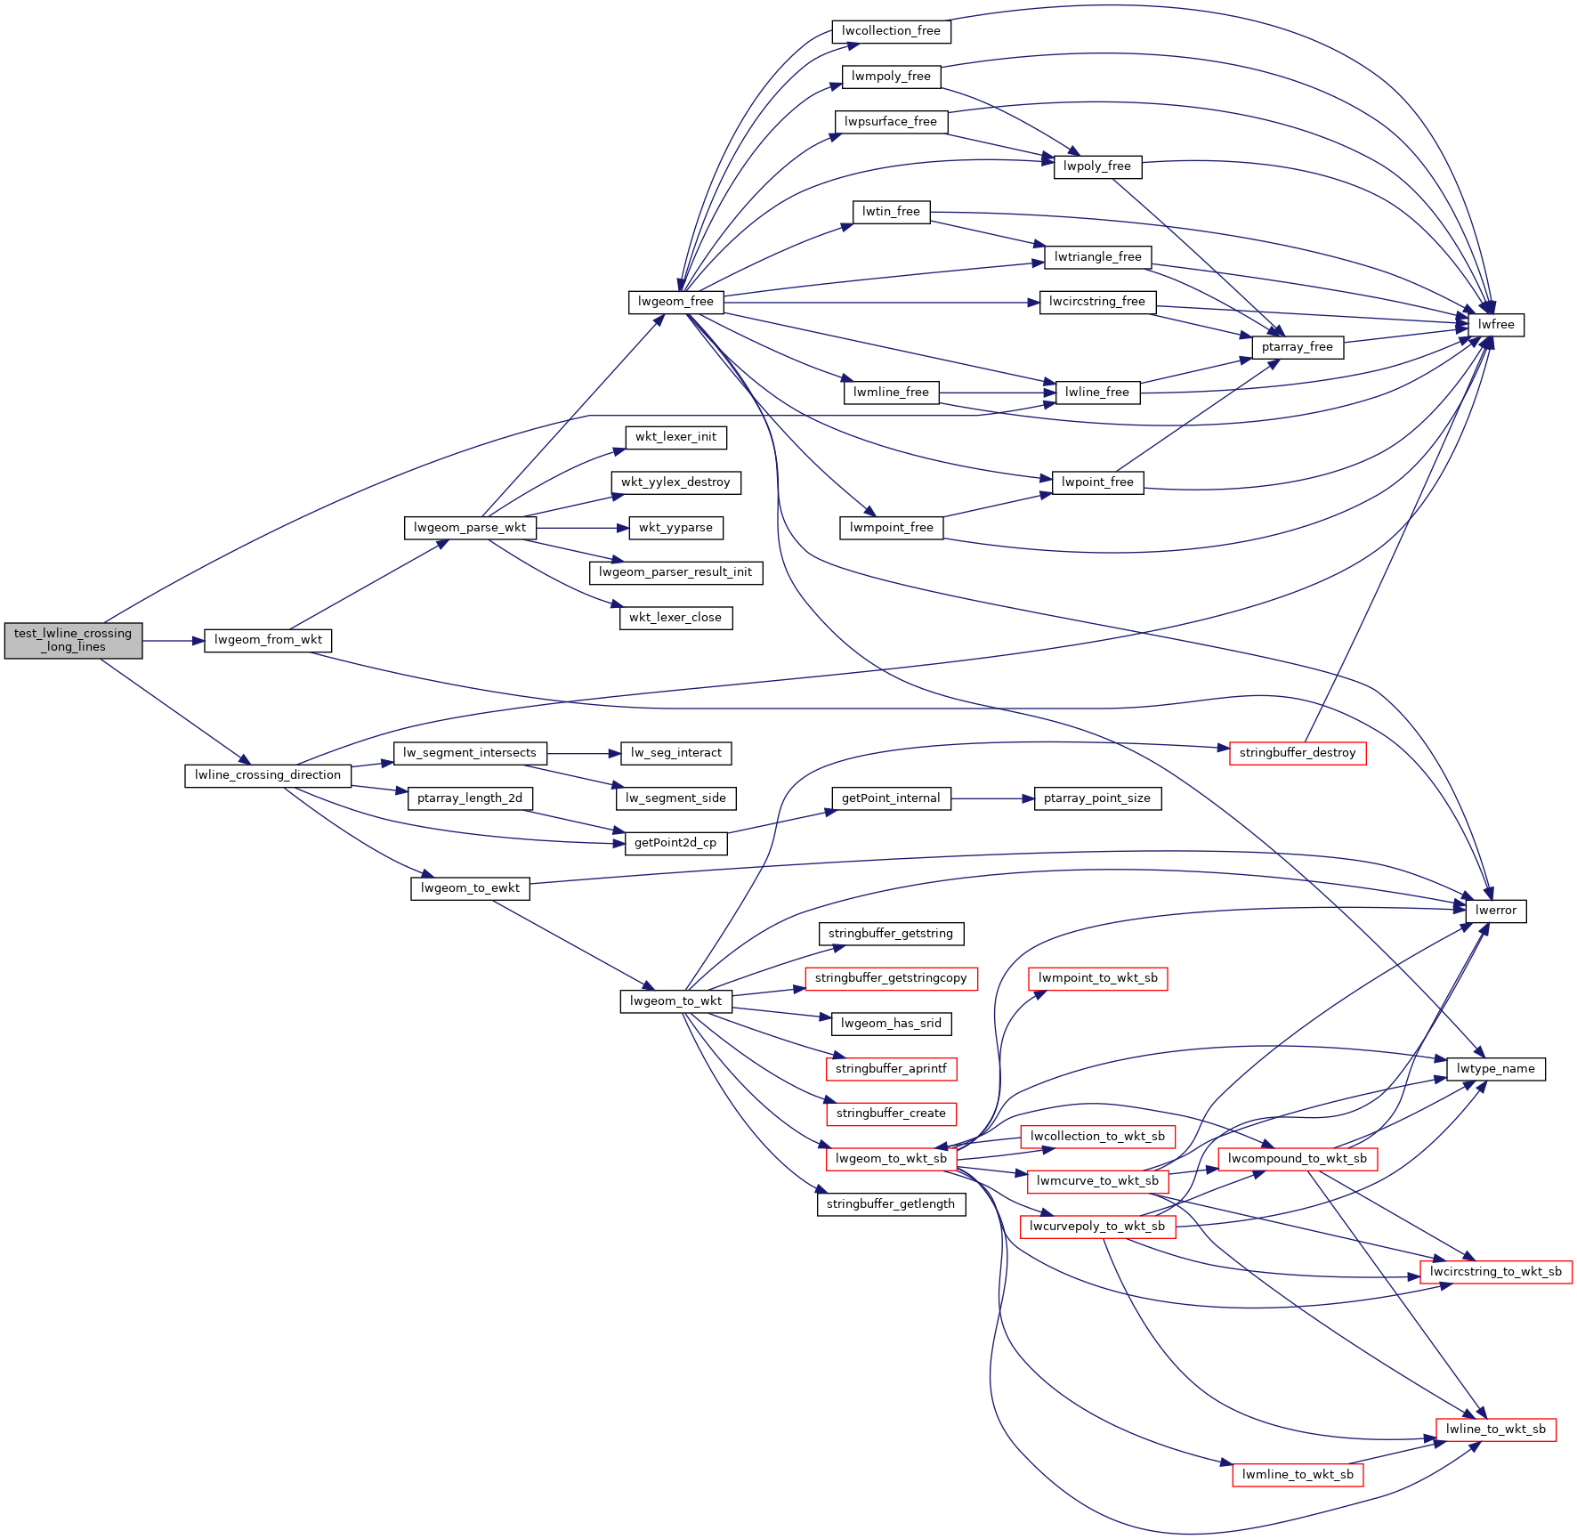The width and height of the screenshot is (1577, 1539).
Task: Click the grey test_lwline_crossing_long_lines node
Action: [x=73, y=640]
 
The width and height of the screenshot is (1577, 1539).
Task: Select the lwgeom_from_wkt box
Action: [x=268, y=640]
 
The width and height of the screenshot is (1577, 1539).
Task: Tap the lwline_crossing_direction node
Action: [x=268, y=775]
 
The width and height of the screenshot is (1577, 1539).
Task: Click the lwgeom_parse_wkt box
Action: [x=470, y=528]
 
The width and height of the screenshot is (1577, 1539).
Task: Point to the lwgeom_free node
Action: [x=675, y=302]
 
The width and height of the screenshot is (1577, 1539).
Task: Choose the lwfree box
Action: [x=1496, y=325]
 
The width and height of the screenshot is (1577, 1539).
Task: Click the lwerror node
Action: [x=1496, y=911]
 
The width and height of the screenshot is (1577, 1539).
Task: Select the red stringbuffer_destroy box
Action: [x=1298, y=753]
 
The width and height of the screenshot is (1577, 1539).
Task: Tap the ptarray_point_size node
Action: [x=1097, y=798]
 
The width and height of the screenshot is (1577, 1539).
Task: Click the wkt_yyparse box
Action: [x=675, y=528]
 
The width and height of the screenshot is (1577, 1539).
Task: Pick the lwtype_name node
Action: [x=1496, y=1069]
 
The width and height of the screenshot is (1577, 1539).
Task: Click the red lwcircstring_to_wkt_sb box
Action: [x=1496, y=1272]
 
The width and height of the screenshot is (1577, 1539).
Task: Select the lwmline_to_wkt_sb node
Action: [x=1298, y=1475]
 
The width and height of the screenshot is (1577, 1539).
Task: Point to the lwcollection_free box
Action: [x=891, y=31]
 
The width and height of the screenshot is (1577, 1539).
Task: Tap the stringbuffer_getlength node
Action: [x=891, y=1204]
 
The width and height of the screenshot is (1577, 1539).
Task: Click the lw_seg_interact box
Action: [x=675, y=753]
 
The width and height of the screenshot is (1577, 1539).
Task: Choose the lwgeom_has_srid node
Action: [x=891, y=1024]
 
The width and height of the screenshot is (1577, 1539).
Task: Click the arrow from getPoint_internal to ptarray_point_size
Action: [x=992, y=798]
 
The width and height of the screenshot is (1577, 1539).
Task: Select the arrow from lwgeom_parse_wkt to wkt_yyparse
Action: [x=583, y=528]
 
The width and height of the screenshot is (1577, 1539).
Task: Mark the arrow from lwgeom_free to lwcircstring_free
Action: [x=881, y=303]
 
